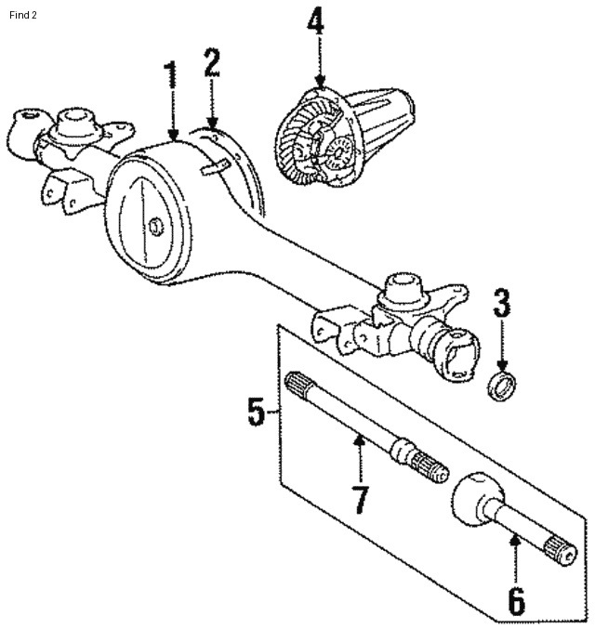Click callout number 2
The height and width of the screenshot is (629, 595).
[212, 62]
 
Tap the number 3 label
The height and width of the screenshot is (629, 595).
[502, 304]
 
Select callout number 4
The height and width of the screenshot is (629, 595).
[317, 21]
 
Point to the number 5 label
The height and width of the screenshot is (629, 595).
[258, 410]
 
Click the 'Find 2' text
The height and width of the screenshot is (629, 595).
[24, 14]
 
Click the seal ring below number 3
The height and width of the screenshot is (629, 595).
[502, 386]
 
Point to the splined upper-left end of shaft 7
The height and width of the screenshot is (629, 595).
[298, 383]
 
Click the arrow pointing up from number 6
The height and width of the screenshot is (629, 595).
[515, 553]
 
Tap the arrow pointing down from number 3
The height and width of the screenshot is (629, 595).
[502, 348]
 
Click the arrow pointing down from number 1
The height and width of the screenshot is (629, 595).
[171, 121]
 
